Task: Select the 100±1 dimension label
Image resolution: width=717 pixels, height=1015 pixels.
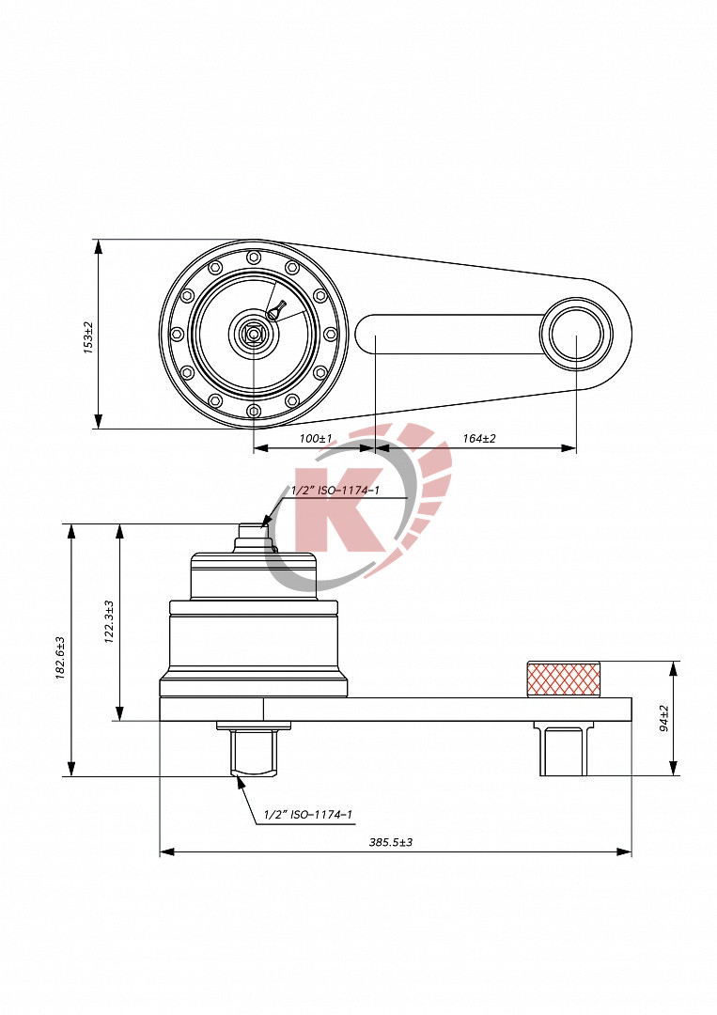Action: (x=315, y=439)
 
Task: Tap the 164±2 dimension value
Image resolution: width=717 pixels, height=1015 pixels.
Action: (x=478, y=439)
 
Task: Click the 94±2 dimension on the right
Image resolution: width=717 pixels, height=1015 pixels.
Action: (x=664, y=718)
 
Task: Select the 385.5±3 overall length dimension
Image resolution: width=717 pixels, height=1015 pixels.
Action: (x=391, y=842)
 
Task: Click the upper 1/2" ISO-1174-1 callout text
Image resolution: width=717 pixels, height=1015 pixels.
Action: (x=335, y=491)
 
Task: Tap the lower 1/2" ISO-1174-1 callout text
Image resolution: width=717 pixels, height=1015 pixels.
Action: (x=308, y=815)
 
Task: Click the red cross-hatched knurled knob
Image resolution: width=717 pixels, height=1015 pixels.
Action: (x=563, y=679)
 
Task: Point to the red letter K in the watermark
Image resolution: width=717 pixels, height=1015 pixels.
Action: (x=328, y=508)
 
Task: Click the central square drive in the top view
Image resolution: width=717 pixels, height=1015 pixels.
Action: (x=253, y=333)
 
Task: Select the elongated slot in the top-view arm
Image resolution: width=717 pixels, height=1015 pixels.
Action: (x=446, y=334)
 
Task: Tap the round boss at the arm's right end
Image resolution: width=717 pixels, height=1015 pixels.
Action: (x=574, y=334)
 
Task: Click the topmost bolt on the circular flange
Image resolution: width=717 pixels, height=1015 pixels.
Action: (x=253, y=257)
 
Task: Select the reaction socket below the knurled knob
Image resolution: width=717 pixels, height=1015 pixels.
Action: (x=563, y=752)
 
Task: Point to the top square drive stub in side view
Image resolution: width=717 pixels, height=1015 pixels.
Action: (x=252, y=533)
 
